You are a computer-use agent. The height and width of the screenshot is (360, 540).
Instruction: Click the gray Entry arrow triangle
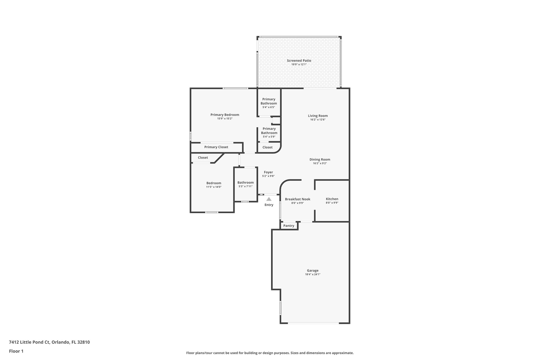click(x=269, y=199)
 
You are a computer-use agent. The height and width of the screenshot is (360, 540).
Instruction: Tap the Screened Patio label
click(x=299, y=61)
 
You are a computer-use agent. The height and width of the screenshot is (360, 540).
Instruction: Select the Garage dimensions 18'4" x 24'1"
click(x=312, y=274)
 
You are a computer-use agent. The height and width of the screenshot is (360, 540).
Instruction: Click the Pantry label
click(x=288, y=226)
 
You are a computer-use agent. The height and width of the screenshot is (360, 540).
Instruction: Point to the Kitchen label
click(x=332, y=199)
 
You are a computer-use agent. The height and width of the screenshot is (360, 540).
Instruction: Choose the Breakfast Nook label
click(x=297, y=199)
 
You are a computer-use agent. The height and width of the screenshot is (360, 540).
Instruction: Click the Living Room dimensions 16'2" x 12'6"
click(x=318, y=119)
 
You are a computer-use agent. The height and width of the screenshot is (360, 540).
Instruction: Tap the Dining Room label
click(x=320, y=159)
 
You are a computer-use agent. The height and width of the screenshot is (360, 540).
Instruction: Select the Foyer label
click(x=268, y=172)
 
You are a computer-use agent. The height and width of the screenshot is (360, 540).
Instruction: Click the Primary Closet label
click(x=216, y=147)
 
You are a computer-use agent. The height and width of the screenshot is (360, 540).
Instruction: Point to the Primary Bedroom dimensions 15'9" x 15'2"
click(x=225, y=119)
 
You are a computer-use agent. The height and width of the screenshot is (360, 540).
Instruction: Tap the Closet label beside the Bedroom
click(x=203, y=157)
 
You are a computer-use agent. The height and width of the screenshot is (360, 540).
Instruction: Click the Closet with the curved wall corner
click(x=267, y=147)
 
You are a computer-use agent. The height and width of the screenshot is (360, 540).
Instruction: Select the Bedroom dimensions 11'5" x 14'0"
click(x=214, y=187)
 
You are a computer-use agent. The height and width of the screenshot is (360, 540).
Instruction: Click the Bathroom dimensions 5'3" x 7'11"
click(x=245, y=186)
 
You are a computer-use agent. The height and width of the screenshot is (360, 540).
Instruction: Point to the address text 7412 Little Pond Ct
click(x=29, y=342)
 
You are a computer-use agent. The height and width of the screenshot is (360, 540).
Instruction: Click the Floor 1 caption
click(x=16, y=351)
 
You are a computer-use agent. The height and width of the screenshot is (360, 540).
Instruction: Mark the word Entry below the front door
click(x=269, y=205)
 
